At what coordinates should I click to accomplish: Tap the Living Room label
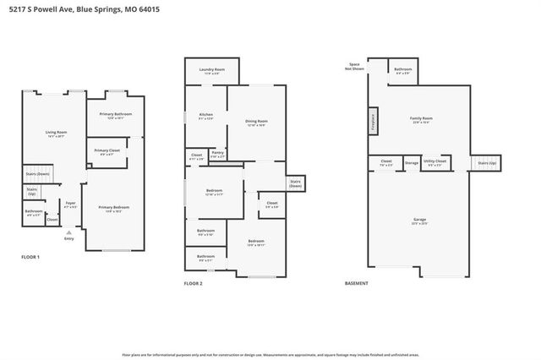56,133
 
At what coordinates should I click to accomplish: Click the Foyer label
71,204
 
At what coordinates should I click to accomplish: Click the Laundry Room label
210,70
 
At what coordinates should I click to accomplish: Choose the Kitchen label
205,116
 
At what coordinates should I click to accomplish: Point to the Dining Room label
256,121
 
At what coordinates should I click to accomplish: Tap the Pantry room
217,155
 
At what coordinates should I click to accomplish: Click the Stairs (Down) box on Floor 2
295,183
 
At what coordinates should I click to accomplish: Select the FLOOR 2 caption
194,283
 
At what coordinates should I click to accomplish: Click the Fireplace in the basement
371,119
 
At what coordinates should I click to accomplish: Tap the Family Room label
420,119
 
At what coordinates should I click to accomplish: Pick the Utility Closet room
435,162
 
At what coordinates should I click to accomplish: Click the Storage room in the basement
411,162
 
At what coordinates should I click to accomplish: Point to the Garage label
420,221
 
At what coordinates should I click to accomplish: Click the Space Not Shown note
352,67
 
